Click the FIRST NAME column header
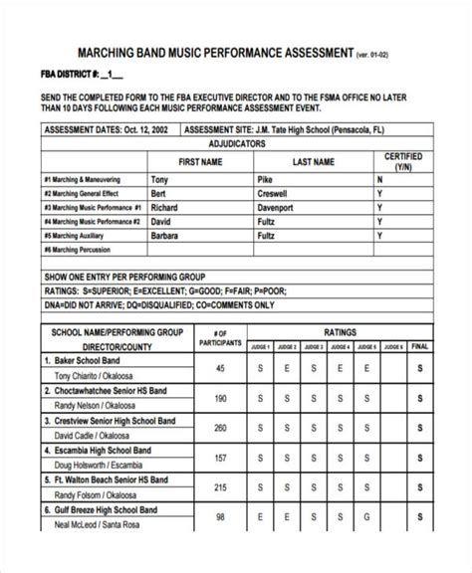pyautogui.click(x=199, y=161)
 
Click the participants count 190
pyautogui.click(x=220, y=398)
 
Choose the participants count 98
pyautogui.click(x=220, y=545)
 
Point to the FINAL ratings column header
pyautogui.click(x=419, y=346)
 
